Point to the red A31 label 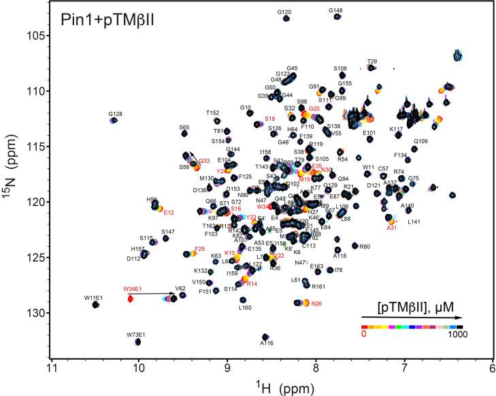tap(391, 228)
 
